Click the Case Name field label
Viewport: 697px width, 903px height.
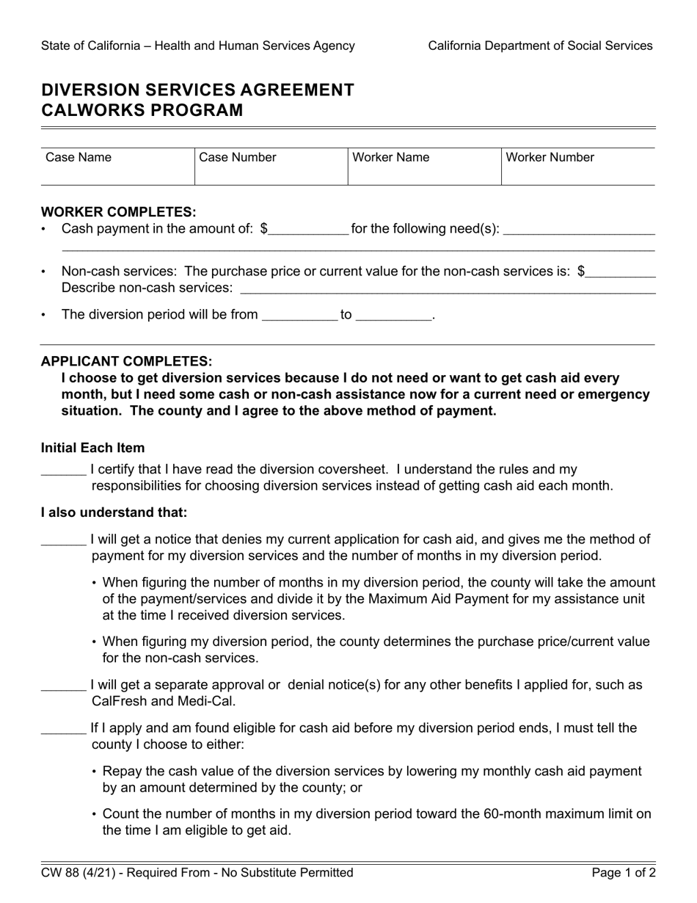click(79, 157)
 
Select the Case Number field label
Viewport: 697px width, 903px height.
click(238, 157)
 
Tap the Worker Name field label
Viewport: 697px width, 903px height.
click(391, 157)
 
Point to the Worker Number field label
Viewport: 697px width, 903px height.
click(550, 157)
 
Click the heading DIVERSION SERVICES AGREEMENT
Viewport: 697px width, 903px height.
click(197, 90)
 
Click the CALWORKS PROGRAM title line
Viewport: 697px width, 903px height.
click(142, 110)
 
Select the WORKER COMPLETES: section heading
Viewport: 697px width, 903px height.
click(118, 212)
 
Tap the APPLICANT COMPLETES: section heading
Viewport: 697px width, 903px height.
click(126, 361)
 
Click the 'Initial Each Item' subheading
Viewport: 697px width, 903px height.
click(92, 448)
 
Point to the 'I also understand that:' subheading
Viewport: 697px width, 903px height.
click(114, 512)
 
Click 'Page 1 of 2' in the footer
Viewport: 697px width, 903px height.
click(624, 873)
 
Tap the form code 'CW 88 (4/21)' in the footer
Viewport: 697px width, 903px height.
click(77, 873)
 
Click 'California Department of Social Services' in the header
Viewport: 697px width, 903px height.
click(540, 46)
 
